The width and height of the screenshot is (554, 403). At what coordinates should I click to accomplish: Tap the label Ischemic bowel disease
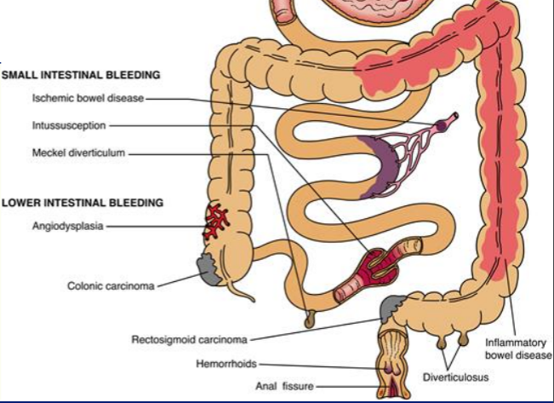pyautogui.click(x=89, y=99)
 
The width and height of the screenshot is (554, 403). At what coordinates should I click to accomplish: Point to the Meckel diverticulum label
pyautogui.click(x=79, y=154)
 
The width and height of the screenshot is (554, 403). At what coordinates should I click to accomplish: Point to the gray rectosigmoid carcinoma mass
pyautogui.click(x=395, y=302)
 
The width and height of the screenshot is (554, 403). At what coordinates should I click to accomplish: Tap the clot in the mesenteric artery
pyautogui.click(x=442, y=125)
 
